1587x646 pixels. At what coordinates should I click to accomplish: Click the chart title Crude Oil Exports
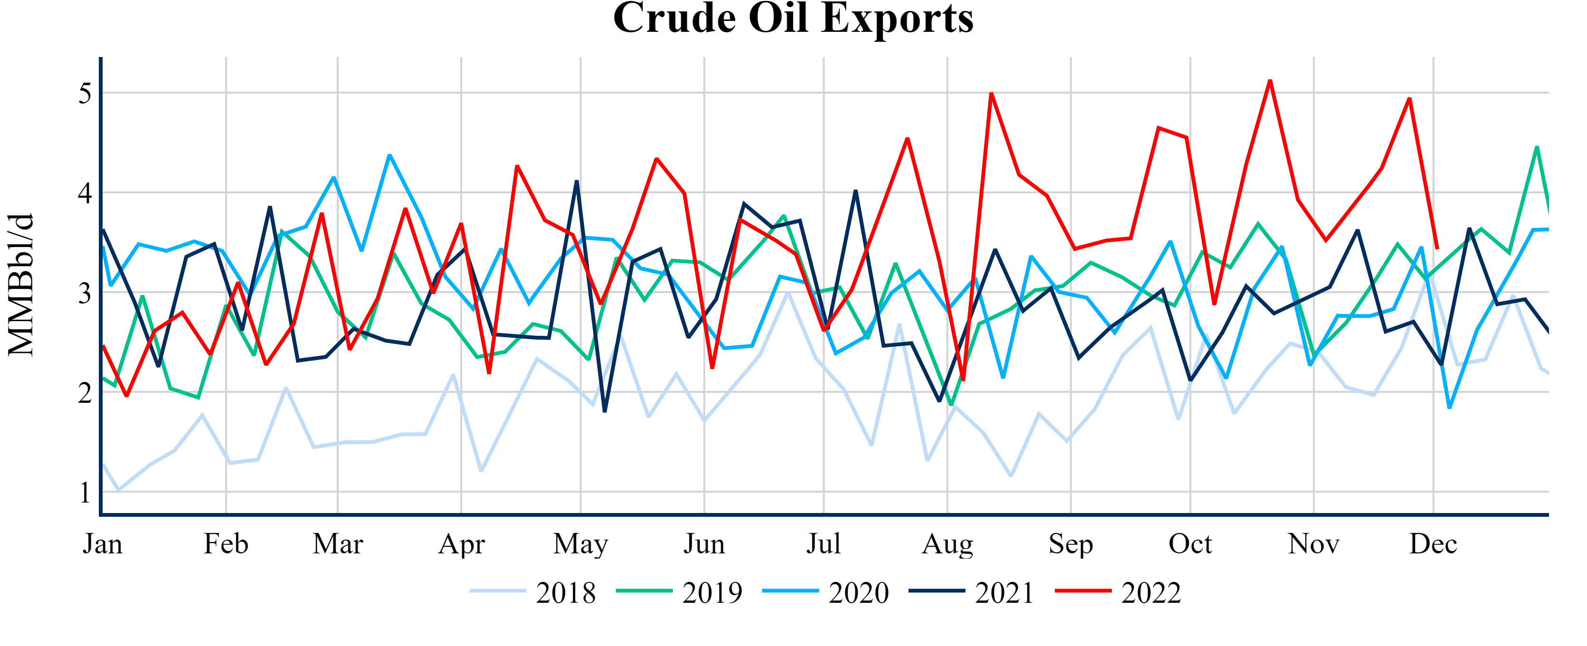(x=793, y=19)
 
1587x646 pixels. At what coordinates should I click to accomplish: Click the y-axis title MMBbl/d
(x=21, y=285)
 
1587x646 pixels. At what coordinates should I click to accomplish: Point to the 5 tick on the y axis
(x=85, y=94)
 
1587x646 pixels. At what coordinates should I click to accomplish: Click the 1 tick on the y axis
(x=85, y=493)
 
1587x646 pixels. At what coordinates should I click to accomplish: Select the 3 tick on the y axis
(x=85, y=293)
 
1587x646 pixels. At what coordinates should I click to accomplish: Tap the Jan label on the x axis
(x=103, y=544)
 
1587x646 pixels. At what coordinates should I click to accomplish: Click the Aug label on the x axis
(x=947, y=544)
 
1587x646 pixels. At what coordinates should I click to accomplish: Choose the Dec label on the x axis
(x=1433, y=544)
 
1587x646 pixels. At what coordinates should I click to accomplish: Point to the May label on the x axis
(x=580, y=544)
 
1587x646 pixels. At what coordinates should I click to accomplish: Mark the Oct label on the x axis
(x=1190, y=544)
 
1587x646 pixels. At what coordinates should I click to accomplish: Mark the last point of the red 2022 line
(x=1437, y=249)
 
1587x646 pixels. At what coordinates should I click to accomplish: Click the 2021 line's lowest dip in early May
(x=605, y=411)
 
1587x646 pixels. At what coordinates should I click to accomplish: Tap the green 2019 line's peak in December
(x=1537, y=147)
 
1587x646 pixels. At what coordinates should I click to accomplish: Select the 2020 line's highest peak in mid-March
(x=389, y=155)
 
